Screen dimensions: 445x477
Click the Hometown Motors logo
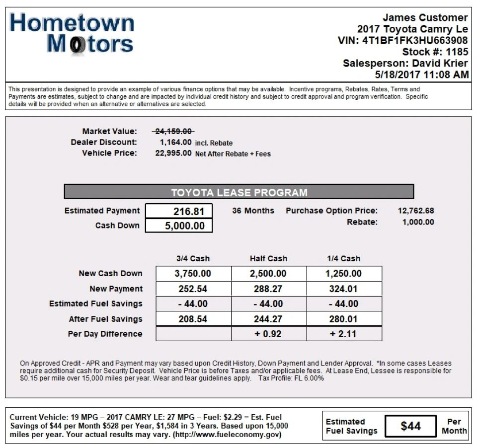tap(72, 33)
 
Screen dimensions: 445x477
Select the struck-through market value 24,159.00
tap(173, 131)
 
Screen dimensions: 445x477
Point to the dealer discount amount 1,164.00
tap(175, 142)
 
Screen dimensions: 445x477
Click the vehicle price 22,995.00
tap(173, 153)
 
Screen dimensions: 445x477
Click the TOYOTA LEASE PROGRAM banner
tap(239, 192)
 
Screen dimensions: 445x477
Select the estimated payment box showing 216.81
tap(179, 211)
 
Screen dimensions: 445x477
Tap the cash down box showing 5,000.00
tap(179, 225)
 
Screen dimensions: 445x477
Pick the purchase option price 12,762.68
tap(415, 211)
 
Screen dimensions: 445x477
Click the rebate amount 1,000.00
tap(418, 222)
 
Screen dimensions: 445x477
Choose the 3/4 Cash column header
tap(193, 258)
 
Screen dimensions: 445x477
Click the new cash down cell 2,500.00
tap(268, 274)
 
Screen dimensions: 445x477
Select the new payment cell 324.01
tap(344, 289)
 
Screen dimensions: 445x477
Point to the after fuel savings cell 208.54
tap(193, 319)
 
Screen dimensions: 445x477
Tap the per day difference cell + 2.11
tap(344, 334)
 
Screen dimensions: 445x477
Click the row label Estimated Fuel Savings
tap(95, 303)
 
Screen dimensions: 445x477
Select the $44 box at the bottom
tap(410, 426)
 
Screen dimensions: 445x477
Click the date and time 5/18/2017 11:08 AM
tap(421, 74)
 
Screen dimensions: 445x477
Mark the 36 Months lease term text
tap(253, 211)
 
